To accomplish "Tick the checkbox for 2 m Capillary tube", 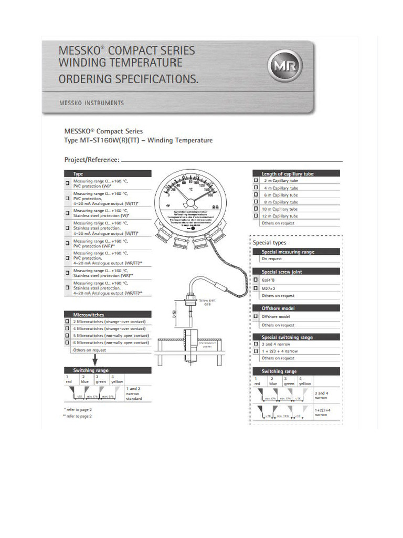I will [256, 180].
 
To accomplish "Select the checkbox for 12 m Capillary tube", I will [256, 216].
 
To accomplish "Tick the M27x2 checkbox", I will [256, 288].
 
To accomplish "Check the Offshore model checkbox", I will [256, 317].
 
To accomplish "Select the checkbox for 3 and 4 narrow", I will [256, 344].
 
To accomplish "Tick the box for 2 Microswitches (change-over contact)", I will [67, 322].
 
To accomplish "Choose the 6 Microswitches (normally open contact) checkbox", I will [67, 343].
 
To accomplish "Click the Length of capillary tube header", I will [295, 173].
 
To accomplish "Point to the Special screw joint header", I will [295, 272].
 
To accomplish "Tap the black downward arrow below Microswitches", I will [96, 359].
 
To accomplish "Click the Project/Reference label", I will [92, 160].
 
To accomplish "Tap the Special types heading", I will [270, 243].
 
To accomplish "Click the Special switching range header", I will [295, 337].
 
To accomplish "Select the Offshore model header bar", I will [295, 308].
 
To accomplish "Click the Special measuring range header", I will [295, 252].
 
